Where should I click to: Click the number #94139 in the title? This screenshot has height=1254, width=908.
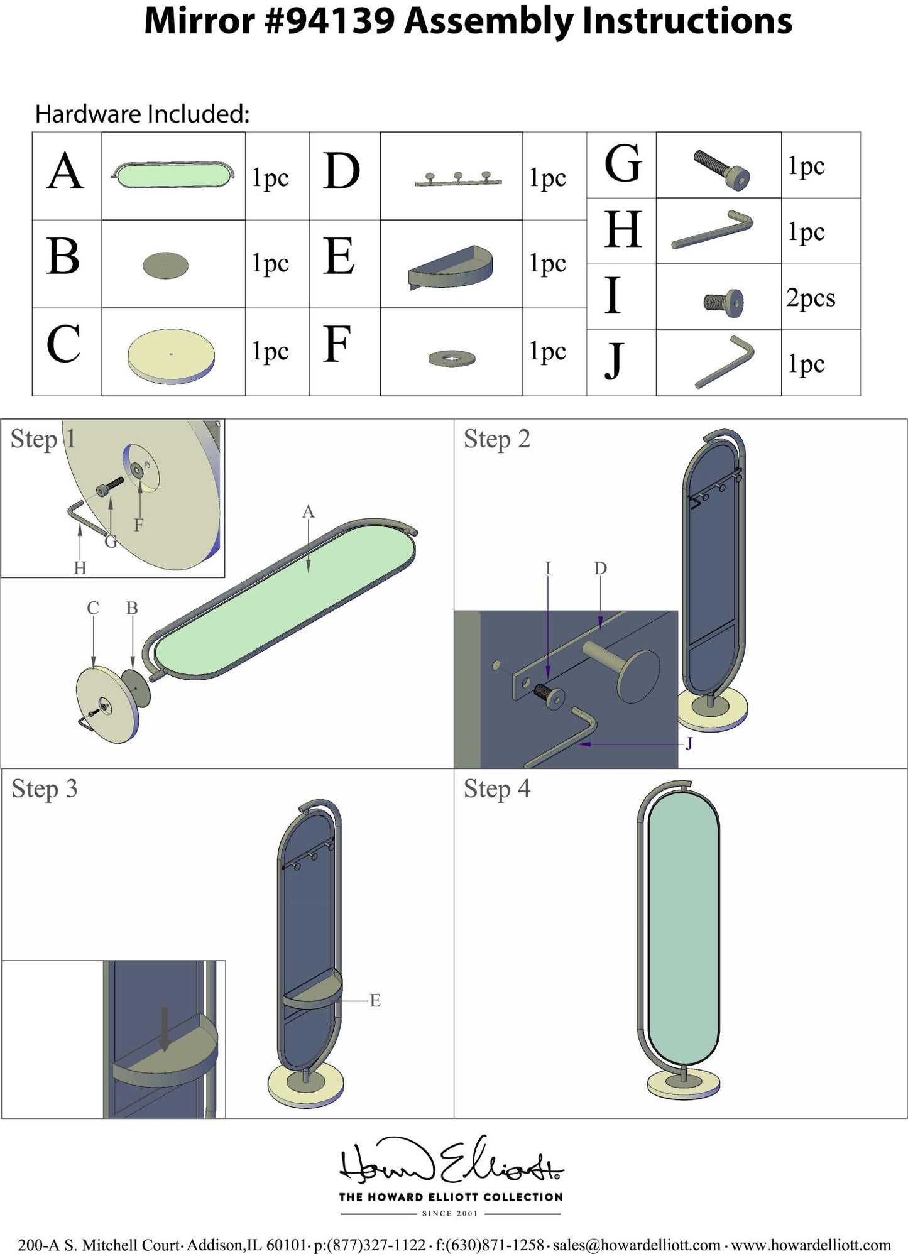pos(330,21)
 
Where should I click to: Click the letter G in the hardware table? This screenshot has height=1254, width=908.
pos(623,164)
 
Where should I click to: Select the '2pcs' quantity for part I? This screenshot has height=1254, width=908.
pos(811,298)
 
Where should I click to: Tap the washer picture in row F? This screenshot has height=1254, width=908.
pos(452,359)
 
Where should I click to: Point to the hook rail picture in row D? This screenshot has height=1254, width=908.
pos(458,179)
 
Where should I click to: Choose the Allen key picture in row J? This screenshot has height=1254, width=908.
pos(725,363)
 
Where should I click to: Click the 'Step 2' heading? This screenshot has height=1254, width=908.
pos(497,440)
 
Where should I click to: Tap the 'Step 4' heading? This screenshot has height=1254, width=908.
pos(497,789)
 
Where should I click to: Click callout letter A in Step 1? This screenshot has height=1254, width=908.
pos(308,512)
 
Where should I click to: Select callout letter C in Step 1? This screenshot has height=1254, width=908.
pos(93,608)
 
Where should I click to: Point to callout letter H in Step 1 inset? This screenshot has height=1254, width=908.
pos(80,568)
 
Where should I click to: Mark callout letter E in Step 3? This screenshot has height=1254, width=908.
pos(375,1000)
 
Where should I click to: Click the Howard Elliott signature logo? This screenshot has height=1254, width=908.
pos(451,1161)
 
